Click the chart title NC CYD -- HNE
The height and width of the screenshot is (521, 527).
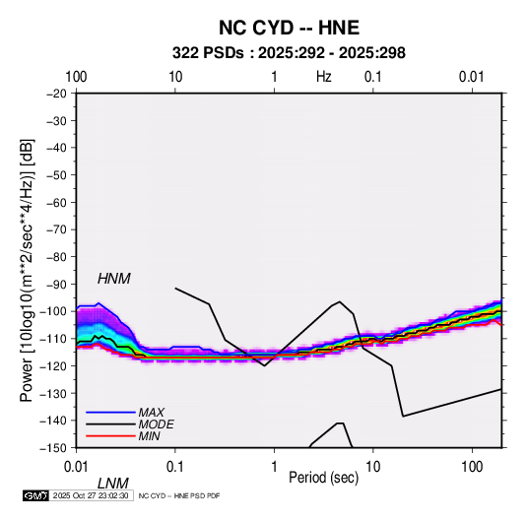289,28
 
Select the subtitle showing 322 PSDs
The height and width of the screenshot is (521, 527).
289,53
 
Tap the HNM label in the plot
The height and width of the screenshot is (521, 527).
114,279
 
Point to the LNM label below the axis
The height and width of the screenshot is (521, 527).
113,484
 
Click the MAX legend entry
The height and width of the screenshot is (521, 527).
152,413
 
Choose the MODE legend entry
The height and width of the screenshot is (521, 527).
156,424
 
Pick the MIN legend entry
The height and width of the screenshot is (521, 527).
149,436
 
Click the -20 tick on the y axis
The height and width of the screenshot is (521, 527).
56,94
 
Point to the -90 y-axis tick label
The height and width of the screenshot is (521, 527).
56,285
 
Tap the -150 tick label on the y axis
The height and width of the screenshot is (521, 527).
54,448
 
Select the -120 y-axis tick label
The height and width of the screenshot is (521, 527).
54,366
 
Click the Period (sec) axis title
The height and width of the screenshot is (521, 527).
324,478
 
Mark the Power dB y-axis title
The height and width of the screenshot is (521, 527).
27,270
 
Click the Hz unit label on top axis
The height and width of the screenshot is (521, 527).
324,77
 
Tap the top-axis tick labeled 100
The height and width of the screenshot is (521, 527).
76,77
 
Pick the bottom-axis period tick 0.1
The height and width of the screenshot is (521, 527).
174,467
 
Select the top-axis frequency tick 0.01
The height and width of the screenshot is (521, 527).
472,77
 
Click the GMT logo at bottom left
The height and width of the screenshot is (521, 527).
35,495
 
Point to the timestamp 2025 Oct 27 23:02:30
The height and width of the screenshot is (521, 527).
91,495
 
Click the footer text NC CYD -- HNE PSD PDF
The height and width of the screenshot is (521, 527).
179,495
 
